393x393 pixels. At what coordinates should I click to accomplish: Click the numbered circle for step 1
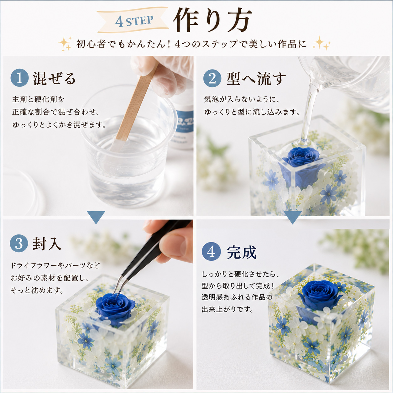(x=19, y=78)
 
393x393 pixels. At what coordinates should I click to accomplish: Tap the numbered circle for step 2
(x=212, y=78)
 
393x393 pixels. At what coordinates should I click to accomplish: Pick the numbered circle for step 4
(x=211, y=252)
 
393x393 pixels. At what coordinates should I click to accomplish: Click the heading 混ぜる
(x=54, y=78)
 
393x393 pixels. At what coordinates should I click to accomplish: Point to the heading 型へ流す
(x=256, y=79)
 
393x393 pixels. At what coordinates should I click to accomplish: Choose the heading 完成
(x=242, y=252)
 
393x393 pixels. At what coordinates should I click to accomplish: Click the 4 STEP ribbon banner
(x=133, y=20)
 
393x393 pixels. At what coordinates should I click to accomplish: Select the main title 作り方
(x=212, y=20)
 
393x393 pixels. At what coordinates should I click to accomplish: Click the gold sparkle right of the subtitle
(x=322, y=43)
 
